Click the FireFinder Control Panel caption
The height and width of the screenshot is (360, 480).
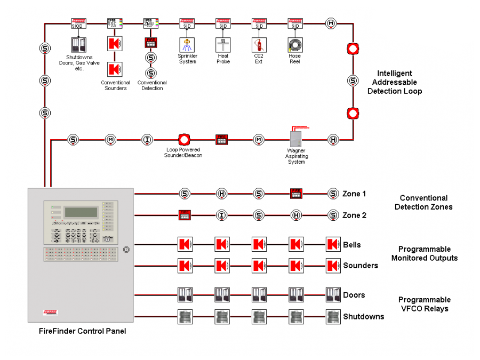pos(83,331)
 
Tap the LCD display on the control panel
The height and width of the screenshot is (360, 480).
pos(81,212)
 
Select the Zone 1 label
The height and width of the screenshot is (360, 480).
pos(354,194)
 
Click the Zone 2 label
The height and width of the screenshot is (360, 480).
pos(354,215)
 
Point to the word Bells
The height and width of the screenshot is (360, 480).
pos(352,245)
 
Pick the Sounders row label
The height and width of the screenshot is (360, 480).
pos(361,266)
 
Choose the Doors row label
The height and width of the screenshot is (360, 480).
pos(354,295)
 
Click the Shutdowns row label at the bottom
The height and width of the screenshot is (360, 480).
pos(363,316)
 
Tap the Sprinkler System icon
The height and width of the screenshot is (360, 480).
pos(187,44)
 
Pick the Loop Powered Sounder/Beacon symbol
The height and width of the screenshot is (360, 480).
pos(184,140)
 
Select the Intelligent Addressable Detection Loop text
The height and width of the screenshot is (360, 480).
pos(394,82)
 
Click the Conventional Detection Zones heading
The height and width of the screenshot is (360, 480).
pos(423,202)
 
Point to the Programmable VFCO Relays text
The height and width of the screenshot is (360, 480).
pos(424,304)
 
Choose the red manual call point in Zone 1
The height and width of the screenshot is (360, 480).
pos(296,194)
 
